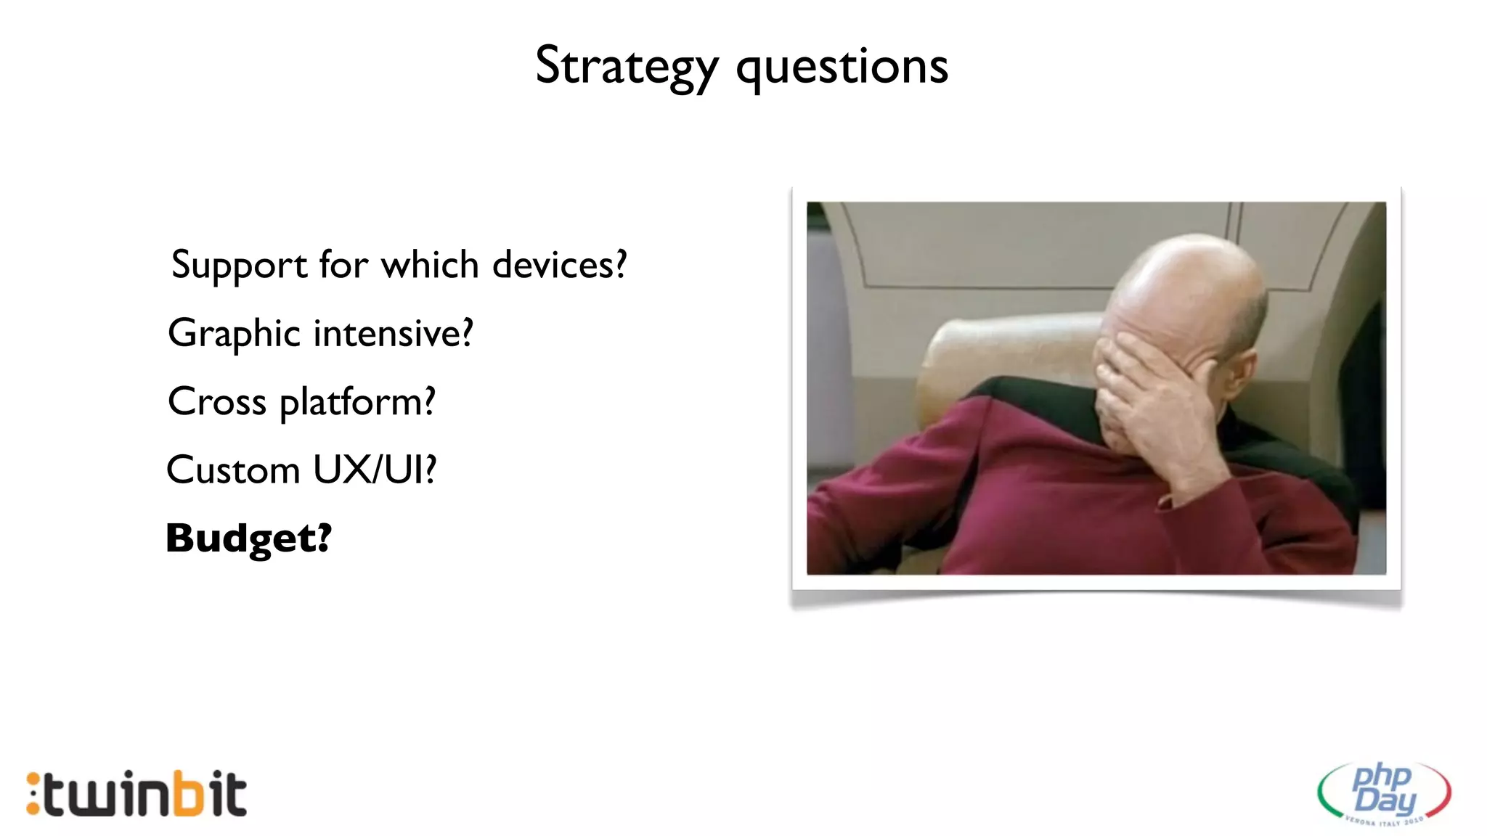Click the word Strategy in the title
(x=626, y=67)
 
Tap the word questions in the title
(x=842, y=67)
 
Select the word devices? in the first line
(x=559, y=265)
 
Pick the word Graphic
(x=234, y=335)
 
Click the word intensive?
(x=393, y=333)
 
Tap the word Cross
(x=216, y=401)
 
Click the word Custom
(x=232, y=470)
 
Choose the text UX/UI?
(x=375, y=470)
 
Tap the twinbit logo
(x=137, y=794)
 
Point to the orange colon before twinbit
(x=33, y=794)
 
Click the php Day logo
(x=1384, y=792)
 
